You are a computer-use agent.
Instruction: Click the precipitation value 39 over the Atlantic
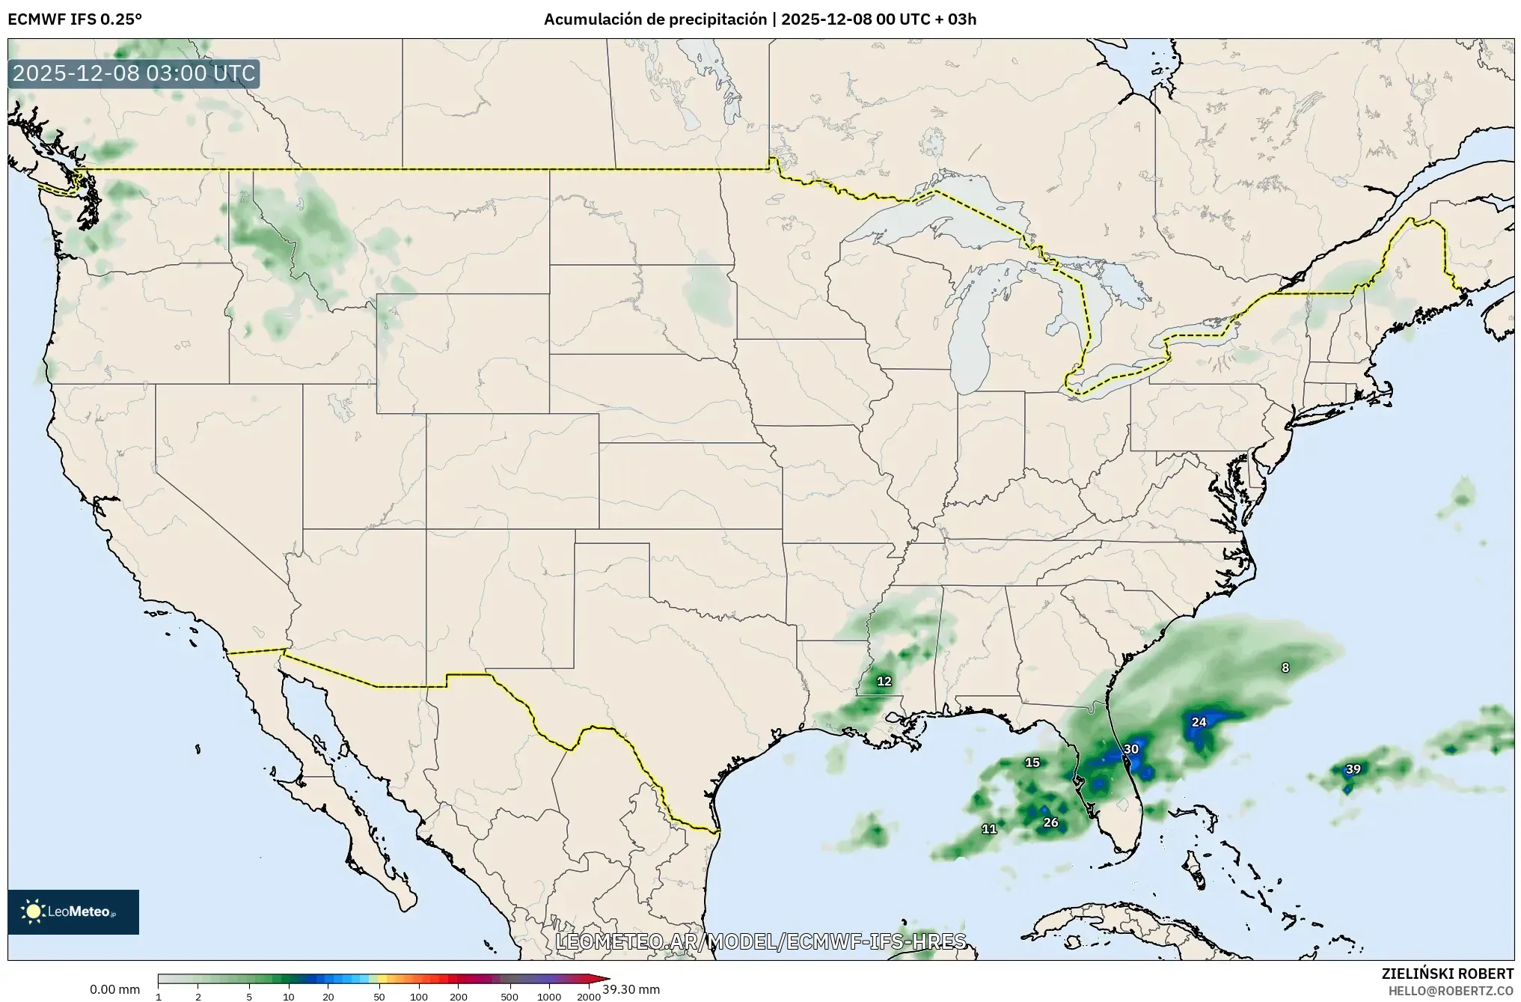coord(1353,769)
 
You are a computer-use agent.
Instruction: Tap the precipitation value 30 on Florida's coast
coord(1131,749)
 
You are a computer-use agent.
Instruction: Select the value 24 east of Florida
coord(1199,722)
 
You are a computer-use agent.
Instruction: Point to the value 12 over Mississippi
coord(884,681)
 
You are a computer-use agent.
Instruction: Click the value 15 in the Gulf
coord(1032,763)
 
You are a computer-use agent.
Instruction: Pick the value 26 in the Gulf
coord(1050,822)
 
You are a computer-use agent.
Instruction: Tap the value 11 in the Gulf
coord(989,829)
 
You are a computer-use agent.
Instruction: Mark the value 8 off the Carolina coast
coord(1285,668)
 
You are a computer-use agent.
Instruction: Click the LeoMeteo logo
coord(73,911)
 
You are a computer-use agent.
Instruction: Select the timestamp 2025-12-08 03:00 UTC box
coord(135,74)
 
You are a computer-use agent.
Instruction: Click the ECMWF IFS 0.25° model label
coord(75,19)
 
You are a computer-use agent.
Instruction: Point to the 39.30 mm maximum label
coord(631,989)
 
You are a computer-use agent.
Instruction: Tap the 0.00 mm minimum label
coord(115,989)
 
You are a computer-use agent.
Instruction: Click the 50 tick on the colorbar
coord(379,997)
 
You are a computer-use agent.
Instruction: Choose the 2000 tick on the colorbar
coord(589,997)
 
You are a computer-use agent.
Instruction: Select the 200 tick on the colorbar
coord(459,997)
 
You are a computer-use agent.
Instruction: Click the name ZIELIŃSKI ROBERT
coord(1448,974)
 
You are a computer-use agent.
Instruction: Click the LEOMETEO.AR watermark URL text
coord(760,941)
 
